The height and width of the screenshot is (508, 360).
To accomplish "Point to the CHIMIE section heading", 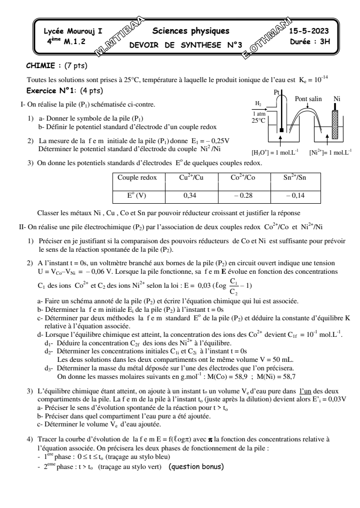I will coord(46,65).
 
